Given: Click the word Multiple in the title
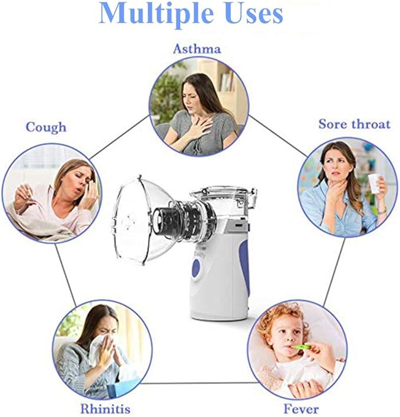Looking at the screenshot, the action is tap(156, 14).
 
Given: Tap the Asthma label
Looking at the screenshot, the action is tap(197, 49).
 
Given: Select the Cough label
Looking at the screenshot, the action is tap(46, 127).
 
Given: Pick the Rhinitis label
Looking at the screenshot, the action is tap(105, 409).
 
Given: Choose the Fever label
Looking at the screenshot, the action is tap(301, 409).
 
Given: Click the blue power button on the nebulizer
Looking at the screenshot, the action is tap(196, 267).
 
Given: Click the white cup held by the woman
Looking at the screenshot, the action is tap(374, 183).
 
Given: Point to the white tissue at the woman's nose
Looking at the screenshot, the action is tap(98, 349).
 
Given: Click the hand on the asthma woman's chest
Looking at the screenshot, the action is tap(199, 128).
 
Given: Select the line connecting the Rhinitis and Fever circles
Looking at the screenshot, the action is tap(199, 383).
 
